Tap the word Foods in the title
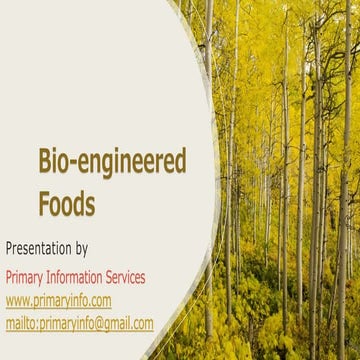(67, 204)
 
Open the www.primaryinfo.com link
(58, 300)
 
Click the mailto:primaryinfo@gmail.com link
(80, 323)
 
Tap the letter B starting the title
(45, 162)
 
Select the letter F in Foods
(45, 203)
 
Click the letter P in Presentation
(10, 247)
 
